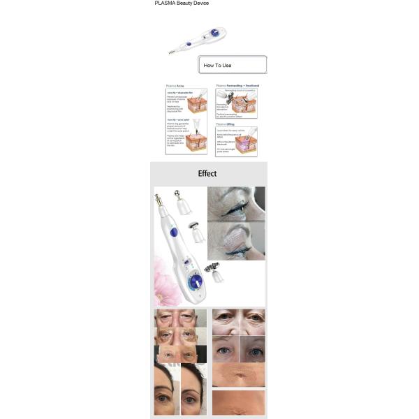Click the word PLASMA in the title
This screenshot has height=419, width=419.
(x=165, y=3)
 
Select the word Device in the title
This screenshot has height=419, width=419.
(x=201, y=3)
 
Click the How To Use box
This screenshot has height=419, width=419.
(x=232, y=65)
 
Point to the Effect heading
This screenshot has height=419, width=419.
(x=207, y=174)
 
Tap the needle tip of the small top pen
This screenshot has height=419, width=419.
(x=170, y=52)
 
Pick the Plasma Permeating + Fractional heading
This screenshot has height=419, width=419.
(x=237, y=86)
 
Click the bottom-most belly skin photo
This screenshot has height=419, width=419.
(x=238, y=402)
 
